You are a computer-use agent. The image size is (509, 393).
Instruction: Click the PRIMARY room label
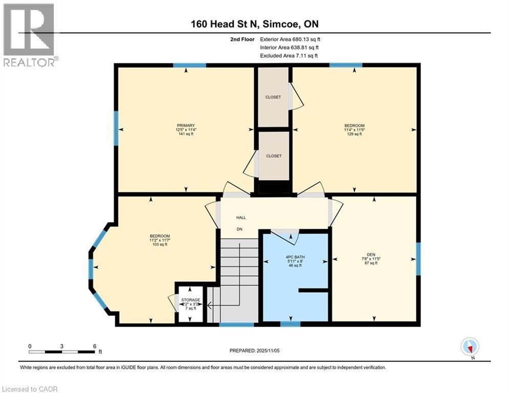pyautogui.click(x=186, y=125)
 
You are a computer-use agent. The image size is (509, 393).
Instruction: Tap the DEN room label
pyautogui.click(x=371, y=254)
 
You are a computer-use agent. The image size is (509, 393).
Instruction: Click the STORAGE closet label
pyautogui.click(x=190, y=300)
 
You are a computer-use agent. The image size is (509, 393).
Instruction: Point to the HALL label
pyautogui.click(x=240, y=217)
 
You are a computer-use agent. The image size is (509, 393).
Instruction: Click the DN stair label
pyautogui.click(x=239, y=229)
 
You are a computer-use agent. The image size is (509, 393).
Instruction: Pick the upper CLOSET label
pyautogui.click(x=273, y=97)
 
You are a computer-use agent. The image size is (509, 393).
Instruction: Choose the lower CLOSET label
pyautogui.click(x=273, y=156)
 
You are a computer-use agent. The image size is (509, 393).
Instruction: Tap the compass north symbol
pyautogui.click(x=469, y=346)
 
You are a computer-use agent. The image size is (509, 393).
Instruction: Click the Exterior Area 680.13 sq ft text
pyautogui.click(x=291, y=39)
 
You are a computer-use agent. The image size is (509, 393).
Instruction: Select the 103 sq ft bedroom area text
pyautogui.click(x=160, y=245)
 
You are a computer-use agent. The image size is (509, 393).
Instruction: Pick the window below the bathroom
pyautogui.click(x=290, y=323)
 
